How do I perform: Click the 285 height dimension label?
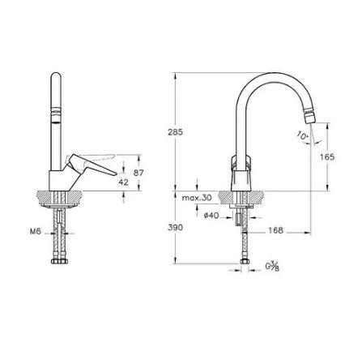pyautogui.click(x=176, y=131)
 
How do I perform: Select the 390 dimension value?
pyautogui.click(x=176, y=227)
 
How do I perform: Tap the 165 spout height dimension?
pyautogui.click(x=327, y=157)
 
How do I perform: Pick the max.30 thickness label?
pyautogui.click(x=196, y=197)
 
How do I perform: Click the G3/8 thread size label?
pyautogui.click(x=271, y=264)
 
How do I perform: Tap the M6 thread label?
pyautogui.click(x=35, y=231)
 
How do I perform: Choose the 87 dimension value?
pyautogui.click(x=138, y=172)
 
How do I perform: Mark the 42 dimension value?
pyautogui.click(x=123, y=182)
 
